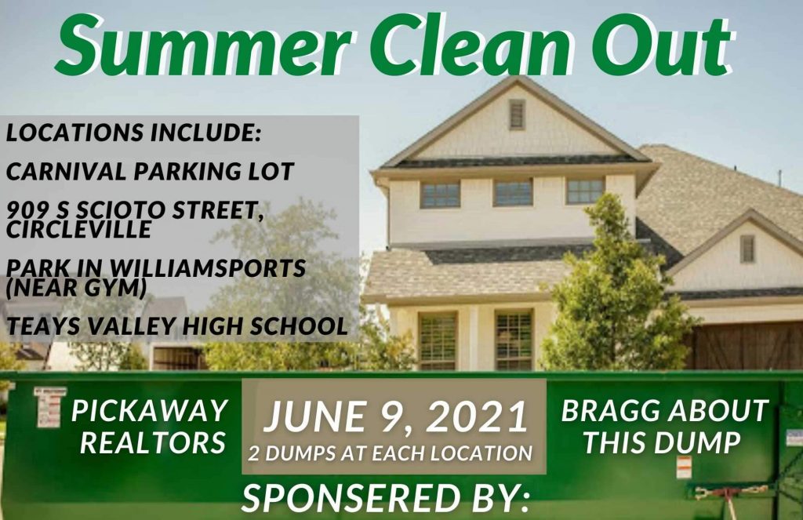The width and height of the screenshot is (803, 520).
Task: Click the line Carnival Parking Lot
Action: tap(150, 172)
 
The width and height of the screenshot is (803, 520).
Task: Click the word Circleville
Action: tap(79, 229)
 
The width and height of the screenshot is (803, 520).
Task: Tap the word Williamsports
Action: tap(207, 268)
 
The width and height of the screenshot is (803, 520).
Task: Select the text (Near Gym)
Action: tap(76, 287)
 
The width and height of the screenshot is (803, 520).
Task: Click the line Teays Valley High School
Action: tap(177, 326)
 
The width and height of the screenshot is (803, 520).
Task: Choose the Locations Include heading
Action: tap(134, 133)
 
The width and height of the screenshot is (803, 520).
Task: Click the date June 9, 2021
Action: tap(395, 416)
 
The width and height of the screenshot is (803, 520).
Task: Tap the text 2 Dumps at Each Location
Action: tap(391, 453)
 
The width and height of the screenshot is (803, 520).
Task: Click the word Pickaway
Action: tap(150, 411)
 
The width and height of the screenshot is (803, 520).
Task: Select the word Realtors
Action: tap(153, 442)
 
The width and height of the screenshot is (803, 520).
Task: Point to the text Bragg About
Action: tap(665, 411)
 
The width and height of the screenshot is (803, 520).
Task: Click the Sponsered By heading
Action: tap(385, 497)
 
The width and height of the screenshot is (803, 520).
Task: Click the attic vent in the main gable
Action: tap(517, 115)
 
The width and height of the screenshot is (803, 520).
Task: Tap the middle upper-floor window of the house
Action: tap(513, 192)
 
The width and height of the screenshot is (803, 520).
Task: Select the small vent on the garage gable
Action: tap(747, 249)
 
